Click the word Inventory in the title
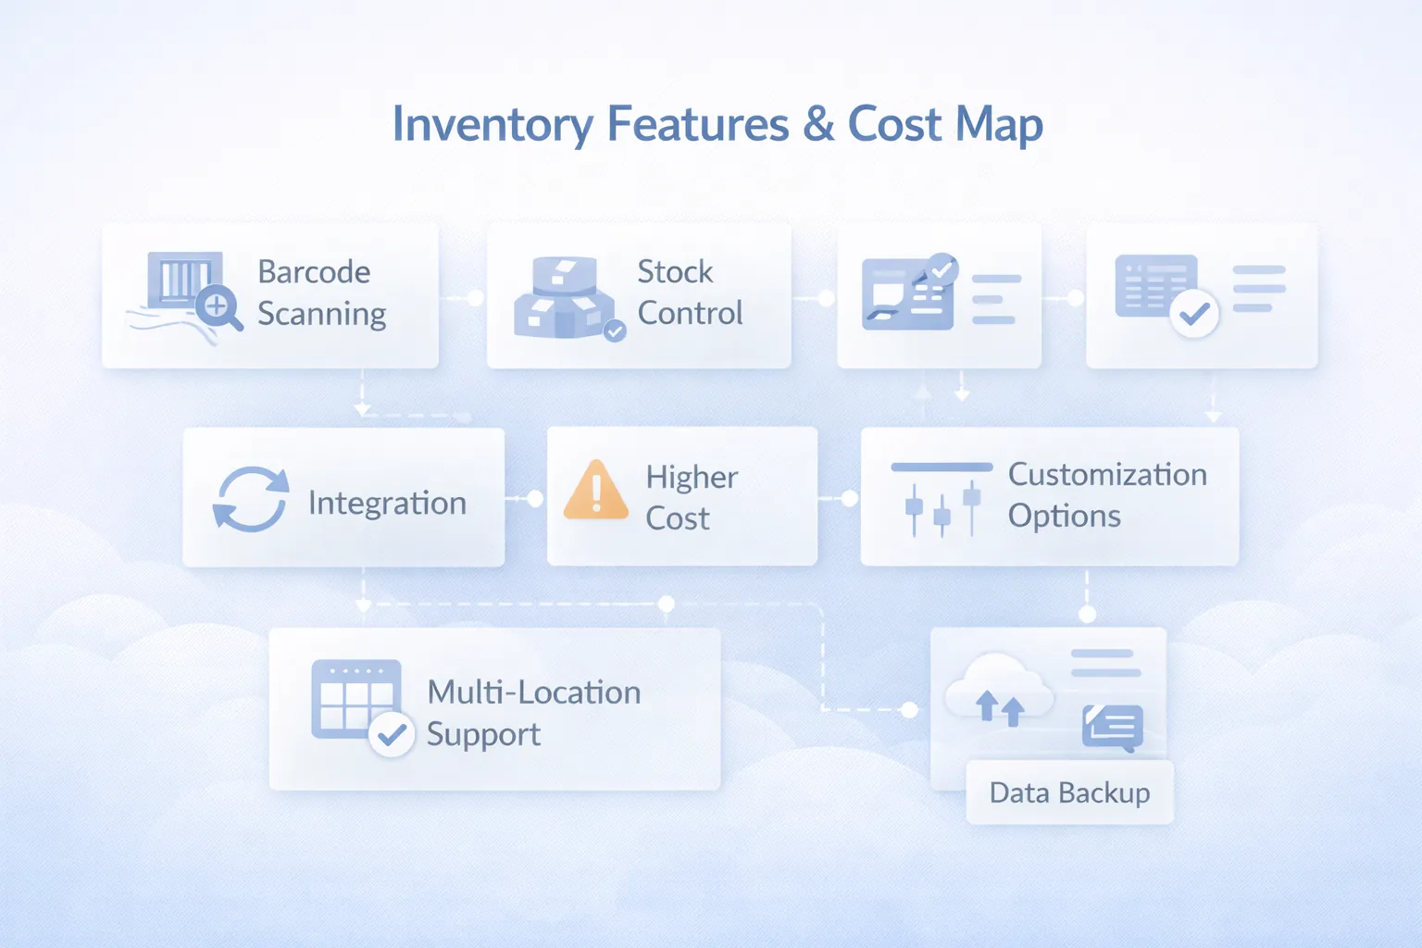coord(492,125)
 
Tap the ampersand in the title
coord(818,124)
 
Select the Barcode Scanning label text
coord(321,293)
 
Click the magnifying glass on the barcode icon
coord(218,306)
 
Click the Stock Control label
coord(690,293)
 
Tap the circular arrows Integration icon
coord(251,499)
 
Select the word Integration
coord(387,503)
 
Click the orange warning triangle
coord(596,490)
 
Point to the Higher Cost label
coord(691,497)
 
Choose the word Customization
coord(1107,475)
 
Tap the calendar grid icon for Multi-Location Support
coord(355,699)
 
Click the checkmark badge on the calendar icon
coord(392,735)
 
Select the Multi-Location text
coord(533,692)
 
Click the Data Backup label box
coord(1069,792)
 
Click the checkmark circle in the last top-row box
coord(1194,314)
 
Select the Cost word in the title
coord(894,124)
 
